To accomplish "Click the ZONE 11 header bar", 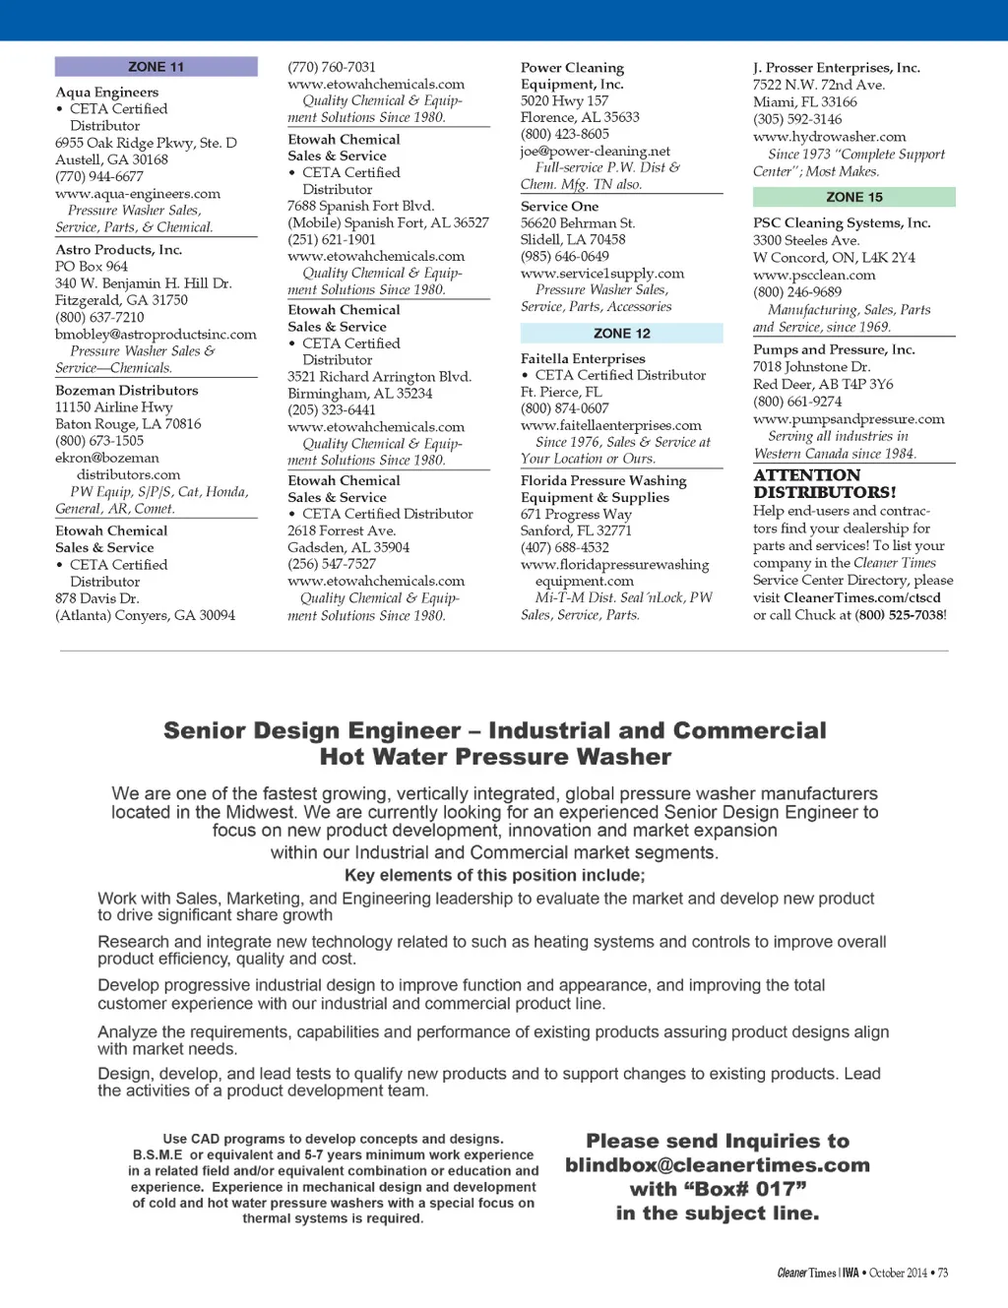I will [x=156, y=67].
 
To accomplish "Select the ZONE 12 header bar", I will [x=621, y=334].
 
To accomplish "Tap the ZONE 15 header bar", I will [x=853, y=197].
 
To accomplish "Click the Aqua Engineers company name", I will [x=106, y=93].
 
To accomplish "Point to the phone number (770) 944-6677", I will [x=98, y=177].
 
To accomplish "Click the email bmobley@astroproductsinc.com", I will [x=156, y=335].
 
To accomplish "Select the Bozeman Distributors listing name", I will [x=126, y=391].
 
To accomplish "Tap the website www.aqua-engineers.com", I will [x=138, y=194].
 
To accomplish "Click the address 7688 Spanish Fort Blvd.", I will [x=360, y=206].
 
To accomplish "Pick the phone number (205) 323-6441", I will [x=331, y=410].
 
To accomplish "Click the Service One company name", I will [x=559, y=207].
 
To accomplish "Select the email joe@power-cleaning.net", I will [x=595, y=152].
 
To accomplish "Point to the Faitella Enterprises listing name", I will [x=583, y=359].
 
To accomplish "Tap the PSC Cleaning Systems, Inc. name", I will [x=842, y=223].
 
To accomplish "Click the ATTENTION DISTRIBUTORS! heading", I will [x=825, y=483].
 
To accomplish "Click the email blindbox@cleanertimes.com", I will [x=718, y=1165].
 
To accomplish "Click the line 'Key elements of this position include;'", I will [x=494, y=875].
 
